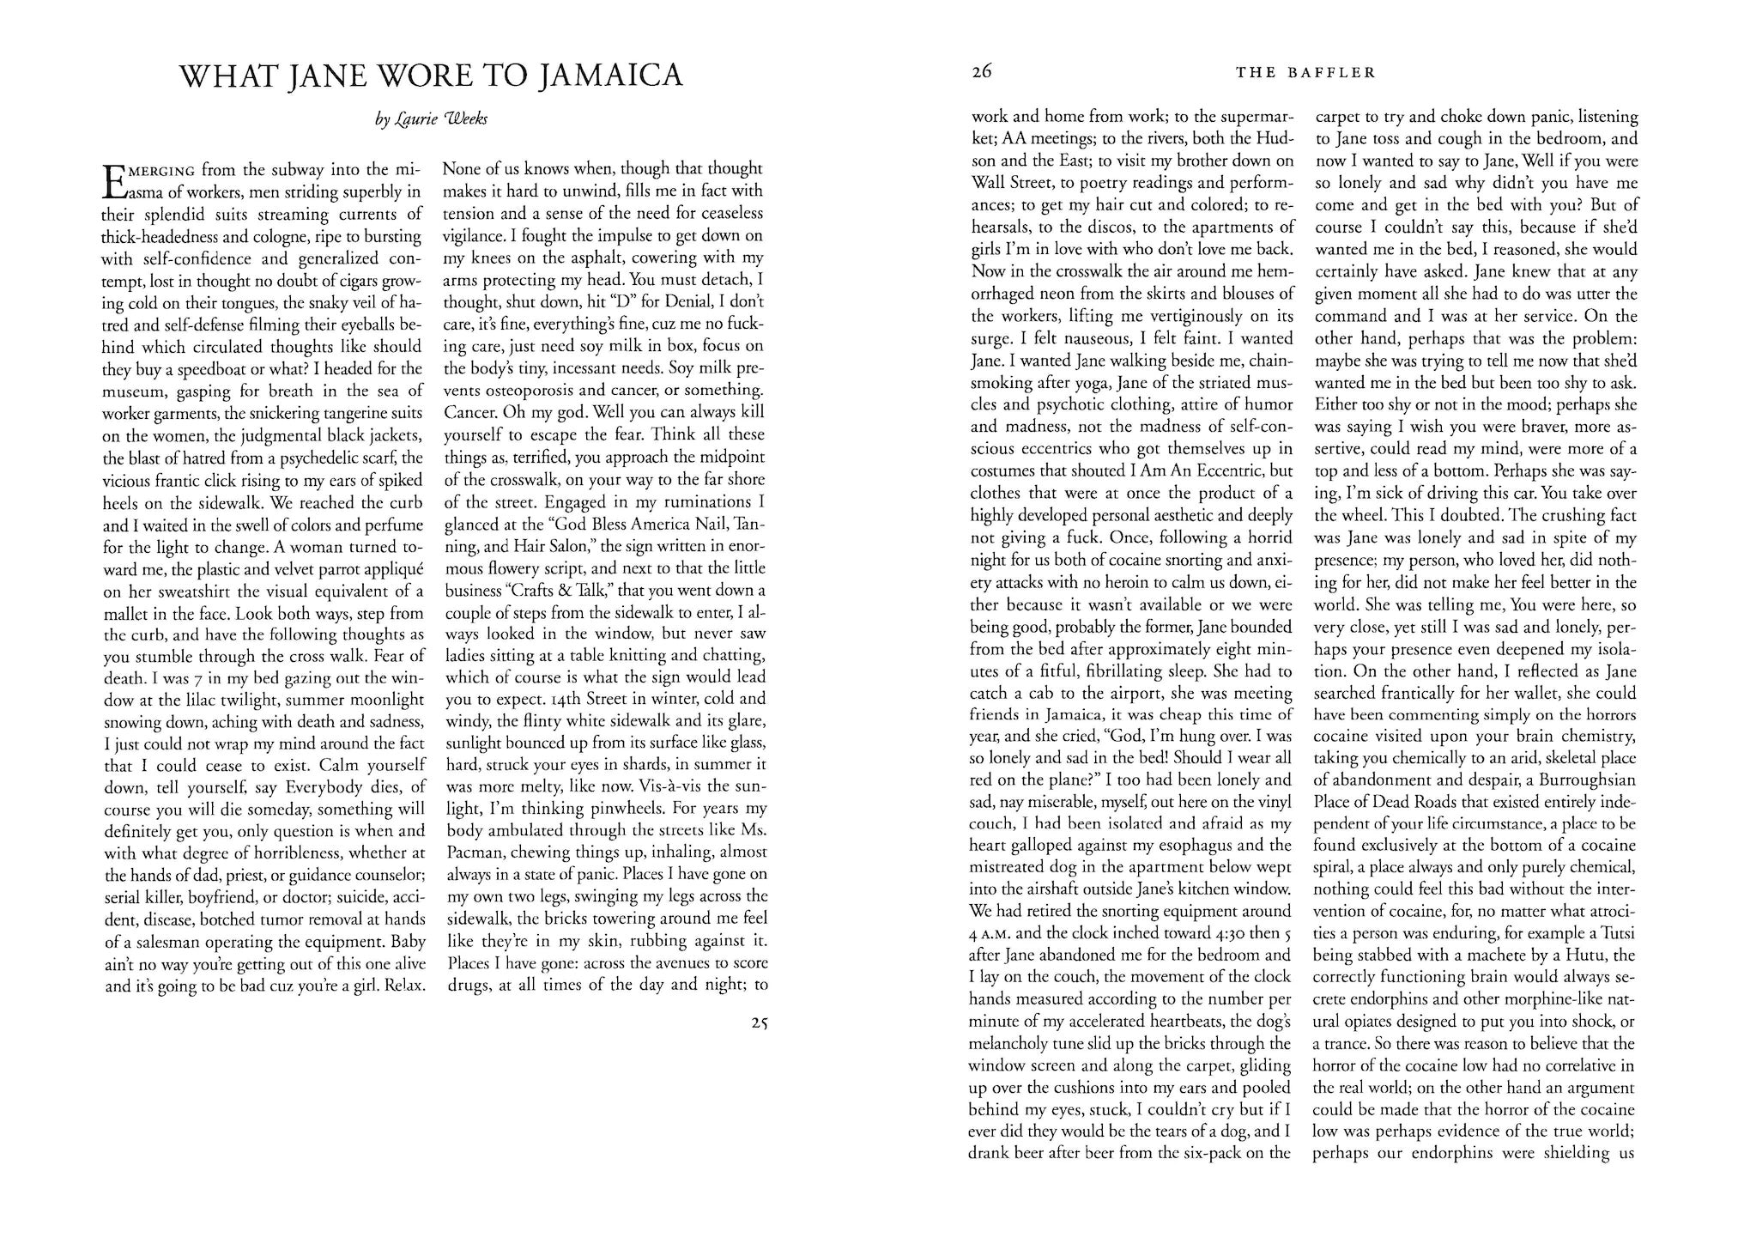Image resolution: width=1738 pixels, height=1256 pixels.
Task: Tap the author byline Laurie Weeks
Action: point(432,121)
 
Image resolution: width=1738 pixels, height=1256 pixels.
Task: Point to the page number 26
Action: point(982,72)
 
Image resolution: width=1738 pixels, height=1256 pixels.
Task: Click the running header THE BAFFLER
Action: point(1305,73)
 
